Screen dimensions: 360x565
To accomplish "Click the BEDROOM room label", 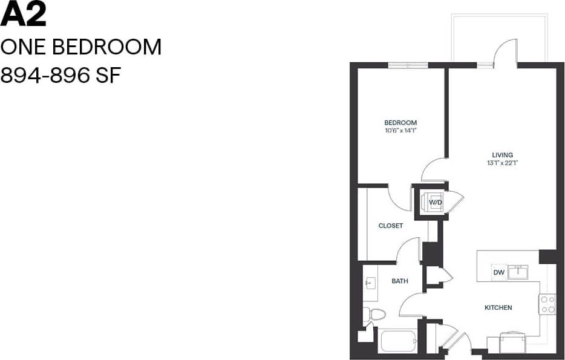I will pyautogui.click(x=400, y=123).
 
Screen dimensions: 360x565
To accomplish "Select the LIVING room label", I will pyautogui.click(x=502, y=155).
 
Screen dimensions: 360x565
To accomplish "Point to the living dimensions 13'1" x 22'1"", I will pyautogui.click(x=502, y=163).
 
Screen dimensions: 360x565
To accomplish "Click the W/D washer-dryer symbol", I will pyautogui.click(x=436, y=202).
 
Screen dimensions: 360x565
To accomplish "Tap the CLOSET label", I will pyautogui.click(x=390, y=226).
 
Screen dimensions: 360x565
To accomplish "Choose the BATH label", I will pyautogui.click(x=400, y=281).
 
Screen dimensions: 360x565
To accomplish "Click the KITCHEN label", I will pyautogui.click(x=498, y=307).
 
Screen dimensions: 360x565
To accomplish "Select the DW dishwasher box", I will pyautogui.click(x=499, y=272).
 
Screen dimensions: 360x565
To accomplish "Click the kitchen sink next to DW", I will pyautogui.click(x=518, y=272).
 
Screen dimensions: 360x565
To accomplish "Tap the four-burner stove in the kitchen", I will pyautogui.click(x=547, y=304).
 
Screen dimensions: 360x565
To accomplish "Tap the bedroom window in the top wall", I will pyautogui.click(x=408, y=65).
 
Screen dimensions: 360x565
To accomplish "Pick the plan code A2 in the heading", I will pyautogui.click(x=23, y=15).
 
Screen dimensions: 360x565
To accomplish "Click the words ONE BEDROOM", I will pyautogui.click(x=81, y=47).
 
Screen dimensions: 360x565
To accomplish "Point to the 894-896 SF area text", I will pyautogui.click(x=60, y=76).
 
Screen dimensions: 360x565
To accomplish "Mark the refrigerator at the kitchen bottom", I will pyautogui.click(x=514, y=342).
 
